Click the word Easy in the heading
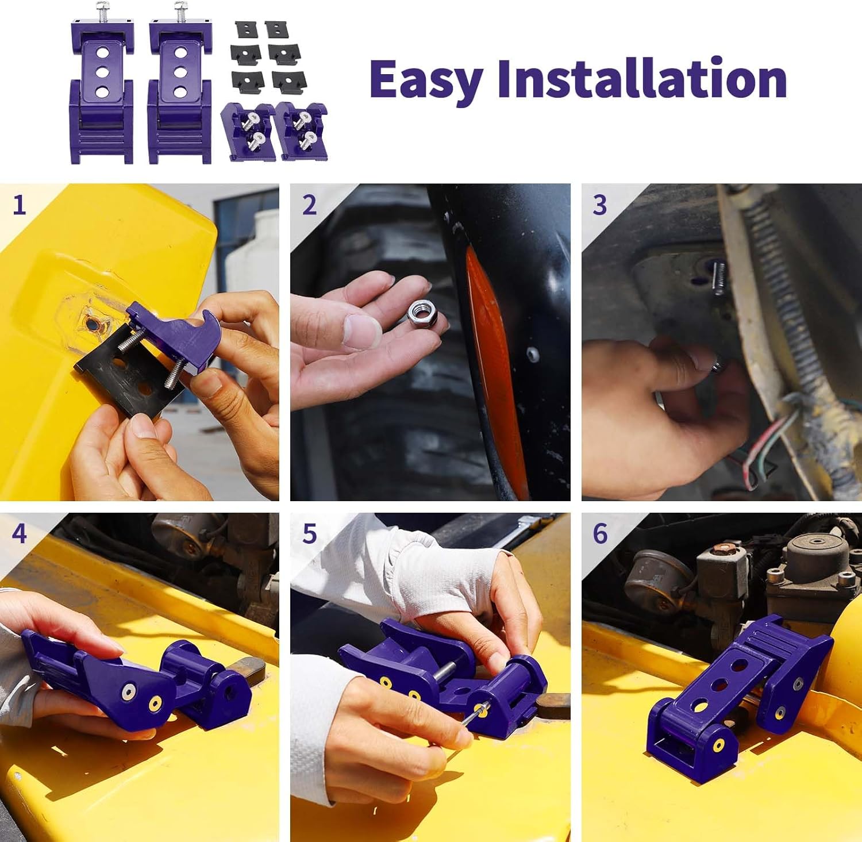[425, 80]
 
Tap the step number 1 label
[19, 205]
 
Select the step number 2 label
[309, 205]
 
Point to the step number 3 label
[599, 205]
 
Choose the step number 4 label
[19, 534]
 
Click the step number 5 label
[309, 534]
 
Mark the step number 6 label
[599, 534]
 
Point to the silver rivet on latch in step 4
[127, 692]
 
